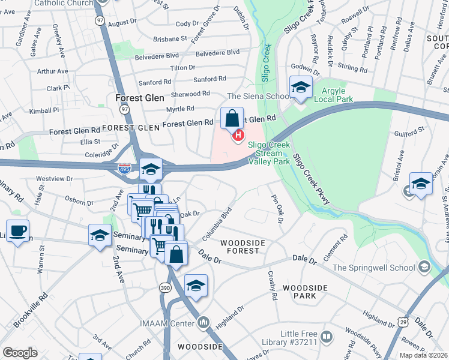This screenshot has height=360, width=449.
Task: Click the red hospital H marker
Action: click(238, 136)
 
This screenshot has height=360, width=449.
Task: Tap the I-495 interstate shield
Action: click(124, 170)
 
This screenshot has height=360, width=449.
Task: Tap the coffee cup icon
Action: click(17, 231)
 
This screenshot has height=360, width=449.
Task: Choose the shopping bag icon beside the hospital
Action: click(232, 119)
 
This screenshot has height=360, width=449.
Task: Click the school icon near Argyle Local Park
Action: click(301, 88)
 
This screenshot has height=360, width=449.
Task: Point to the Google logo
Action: click(20, 353)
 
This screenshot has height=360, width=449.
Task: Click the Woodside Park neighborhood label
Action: click(306, 292)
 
